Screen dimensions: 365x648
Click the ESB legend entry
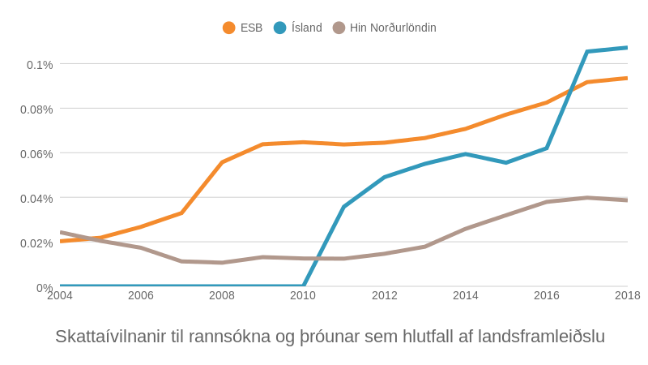(251, 28)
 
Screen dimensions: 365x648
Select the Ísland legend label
(306, 28)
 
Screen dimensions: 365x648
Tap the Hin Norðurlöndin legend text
(393, 28)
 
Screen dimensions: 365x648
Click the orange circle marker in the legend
(229, 28)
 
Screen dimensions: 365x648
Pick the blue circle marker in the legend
(280, 28)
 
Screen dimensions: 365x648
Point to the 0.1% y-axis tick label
(40, 65)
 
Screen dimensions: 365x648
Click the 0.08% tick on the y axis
(36, 109)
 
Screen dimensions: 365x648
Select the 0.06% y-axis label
(36, 154)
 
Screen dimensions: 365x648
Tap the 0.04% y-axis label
(36, 199)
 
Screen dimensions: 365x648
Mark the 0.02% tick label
(36, 243)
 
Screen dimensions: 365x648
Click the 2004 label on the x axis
(60, 295)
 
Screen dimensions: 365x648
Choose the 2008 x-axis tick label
(222, 295)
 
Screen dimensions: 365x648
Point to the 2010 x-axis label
(303, 295)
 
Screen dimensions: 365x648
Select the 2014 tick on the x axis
(466, 295)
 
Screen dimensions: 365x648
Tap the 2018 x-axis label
(627, 295)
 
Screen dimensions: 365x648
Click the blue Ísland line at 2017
(587, 52)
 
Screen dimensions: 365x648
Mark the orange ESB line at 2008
(222, 163)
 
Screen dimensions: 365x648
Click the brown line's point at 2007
(181, 261)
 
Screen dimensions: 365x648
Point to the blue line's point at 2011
(343, 207)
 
